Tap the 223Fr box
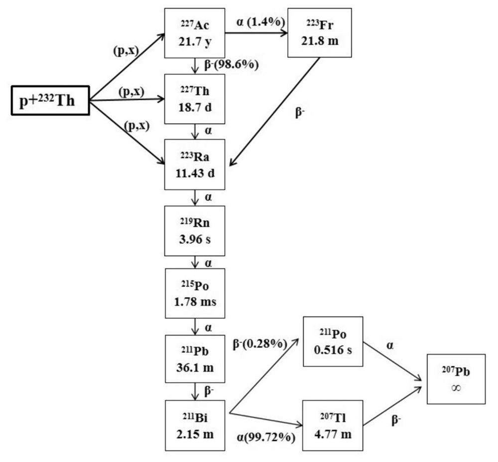[320, 33]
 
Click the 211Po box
[332, 341]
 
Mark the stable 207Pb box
[456, 379]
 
